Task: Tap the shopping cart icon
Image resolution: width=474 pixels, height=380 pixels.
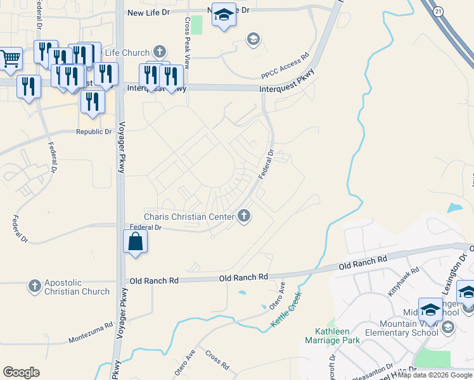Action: click(x=11, y=59)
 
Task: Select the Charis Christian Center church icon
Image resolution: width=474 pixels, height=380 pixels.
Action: click(x=244, y=217)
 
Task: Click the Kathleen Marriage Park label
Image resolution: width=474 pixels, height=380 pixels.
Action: click(x=338, y=336)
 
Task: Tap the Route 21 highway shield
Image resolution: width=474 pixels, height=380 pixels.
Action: click(x=439, y=13)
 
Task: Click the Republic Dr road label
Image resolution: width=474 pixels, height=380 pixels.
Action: click(x=94, y=132)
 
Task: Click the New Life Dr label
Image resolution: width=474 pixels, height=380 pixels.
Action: click(x=149, y=12)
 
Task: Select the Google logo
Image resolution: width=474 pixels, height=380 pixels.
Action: click(x=21, y=372)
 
